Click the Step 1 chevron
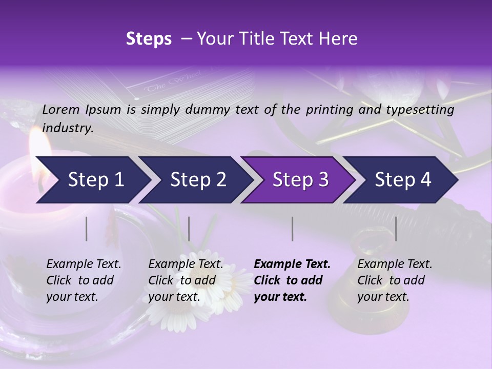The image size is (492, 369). pos(92,180)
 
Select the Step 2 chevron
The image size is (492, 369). pos(195,180)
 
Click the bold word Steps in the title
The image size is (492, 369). pos(149,38)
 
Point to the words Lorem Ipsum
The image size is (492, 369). pos(81,110)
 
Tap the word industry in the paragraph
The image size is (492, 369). pos(67,128)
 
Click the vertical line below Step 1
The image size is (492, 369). pos(86,229)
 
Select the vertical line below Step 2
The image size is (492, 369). pos(189,229)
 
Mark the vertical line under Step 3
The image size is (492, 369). pos(293,229)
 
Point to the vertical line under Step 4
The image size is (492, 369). pos(396,229)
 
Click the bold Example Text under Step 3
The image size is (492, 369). pos(292,264)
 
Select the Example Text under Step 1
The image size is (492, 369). pos(84,264)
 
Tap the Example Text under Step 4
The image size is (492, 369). pos(395,264)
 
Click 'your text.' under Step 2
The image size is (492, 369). pos(174,297)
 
